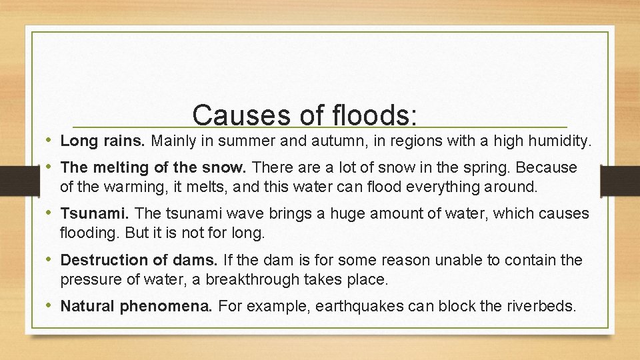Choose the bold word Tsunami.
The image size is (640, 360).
[95, 213]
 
